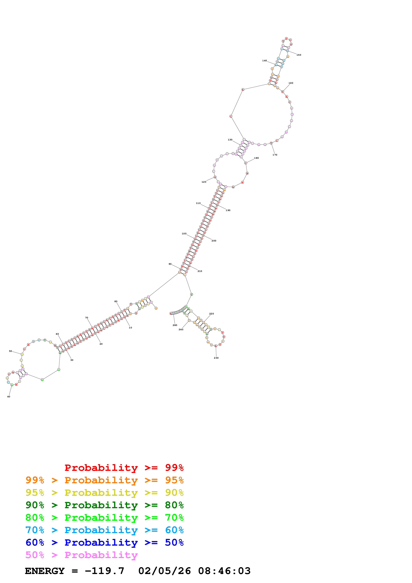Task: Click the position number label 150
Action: click(x=299, y=55)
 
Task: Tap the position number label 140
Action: click(x=265, y=61)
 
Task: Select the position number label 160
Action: click(x=291, y=83)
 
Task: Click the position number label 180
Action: click(x=256, y=158)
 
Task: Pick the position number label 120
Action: click(x=204, y=182)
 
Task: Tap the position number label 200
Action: click(x=214, y=241)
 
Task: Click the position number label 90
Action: click(x=170, y=264)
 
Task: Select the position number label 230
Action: click(x=216, y=358)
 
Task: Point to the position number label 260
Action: click(x=175, y=325)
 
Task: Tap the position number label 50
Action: click(x=10, y=351)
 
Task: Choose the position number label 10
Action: click(x=130, y=328)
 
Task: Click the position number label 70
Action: click(x=87, y=318)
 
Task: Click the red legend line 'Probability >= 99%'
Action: click(x=124, y=468)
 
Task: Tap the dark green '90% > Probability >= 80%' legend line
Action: click(x=104, y=505)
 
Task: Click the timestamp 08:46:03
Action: click(x=224, y=571)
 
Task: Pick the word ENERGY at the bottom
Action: click(x=45, y=571)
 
